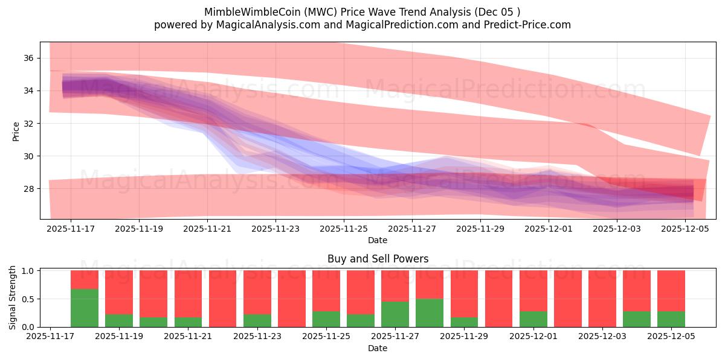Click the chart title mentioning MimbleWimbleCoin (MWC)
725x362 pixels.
(x=362, y=12)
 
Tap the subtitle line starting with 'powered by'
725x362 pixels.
(x=362, y=25)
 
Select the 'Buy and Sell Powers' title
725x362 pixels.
(x=378, y=259)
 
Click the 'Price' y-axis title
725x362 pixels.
(x=16, y=131)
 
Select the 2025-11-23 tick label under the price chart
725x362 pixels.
(x=275, y=229)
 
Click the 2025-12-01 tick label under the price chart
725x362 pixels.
(x=549, y=229)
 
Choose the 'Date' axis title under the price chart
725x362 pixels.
(x=378, y=240)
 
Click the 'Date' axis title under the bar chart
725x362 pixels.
(x=378, y=348)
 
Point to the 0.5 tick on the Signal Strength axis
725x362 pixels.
(x=28, y=299)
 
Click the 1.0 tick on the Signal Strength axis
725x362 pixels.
(x=28, y=271)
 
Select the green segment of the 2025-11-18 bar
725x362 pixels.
(x=85, y=308)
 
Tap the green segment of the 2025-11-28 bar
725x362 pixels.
(x=430, y=313)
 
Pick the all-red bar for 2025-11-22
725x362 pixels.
(x=223, y=299)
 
